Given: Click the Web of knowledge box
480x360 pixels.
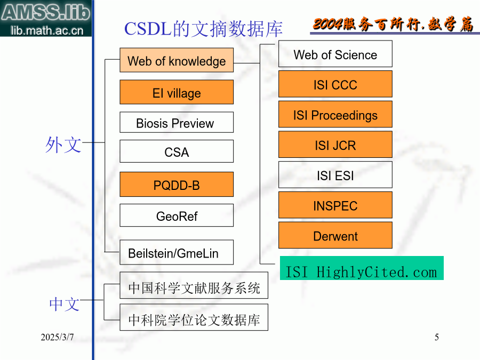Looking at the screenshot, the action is tap(177, 60).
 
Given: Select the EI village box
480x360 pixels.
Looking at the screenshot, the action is tap(177, 92).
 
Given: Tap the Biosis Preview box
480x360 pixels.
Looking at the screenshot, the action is tap(177, 123).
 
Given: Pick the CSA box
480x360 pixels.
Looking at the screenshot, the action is tap(177, 151).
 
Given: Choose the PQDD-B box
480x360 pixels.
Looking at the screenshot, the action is tap(177, 185).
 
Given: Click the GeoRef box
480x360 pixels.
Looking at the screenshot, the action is tap(177, 215).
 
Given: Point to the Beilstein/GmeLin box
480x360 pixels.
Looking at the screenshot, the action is tap(177, 252).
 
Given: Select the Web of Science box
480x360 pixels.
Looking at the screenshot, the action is tap(335, 54).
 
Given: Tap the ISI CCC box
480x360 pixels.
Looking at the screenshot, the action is tap(335, 84).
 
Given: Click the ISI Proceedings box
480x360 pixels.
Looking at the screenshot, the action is tap(335, 114).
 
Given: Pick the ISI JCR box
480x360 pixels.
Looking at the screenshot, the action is tap(335, 145).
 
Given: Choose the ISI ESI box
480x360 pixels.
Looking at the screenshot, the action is tap(335, 175).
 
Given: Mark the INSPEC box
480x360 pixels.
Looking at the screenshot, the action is tap(335, 205).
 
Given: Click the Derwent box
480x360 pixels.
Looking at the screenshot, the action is tap(335, 235).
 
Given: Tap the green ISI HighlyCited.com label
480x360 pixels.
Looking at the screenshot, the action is tap(362, 268).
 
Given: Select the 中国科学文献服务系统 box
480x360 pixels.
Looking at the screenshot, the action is tap(194, 285).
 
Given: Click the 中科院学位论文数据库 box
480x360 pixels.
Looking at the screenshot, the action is tap(194, 317).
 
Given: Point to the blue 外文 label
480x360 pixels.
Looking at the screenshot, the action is tap(63, 145).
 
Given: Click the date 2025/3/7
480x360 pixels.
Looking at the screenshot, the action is tap(57, 337).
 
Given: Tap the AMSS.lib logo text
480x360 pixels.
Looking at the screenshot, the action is tap(46, 12).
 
